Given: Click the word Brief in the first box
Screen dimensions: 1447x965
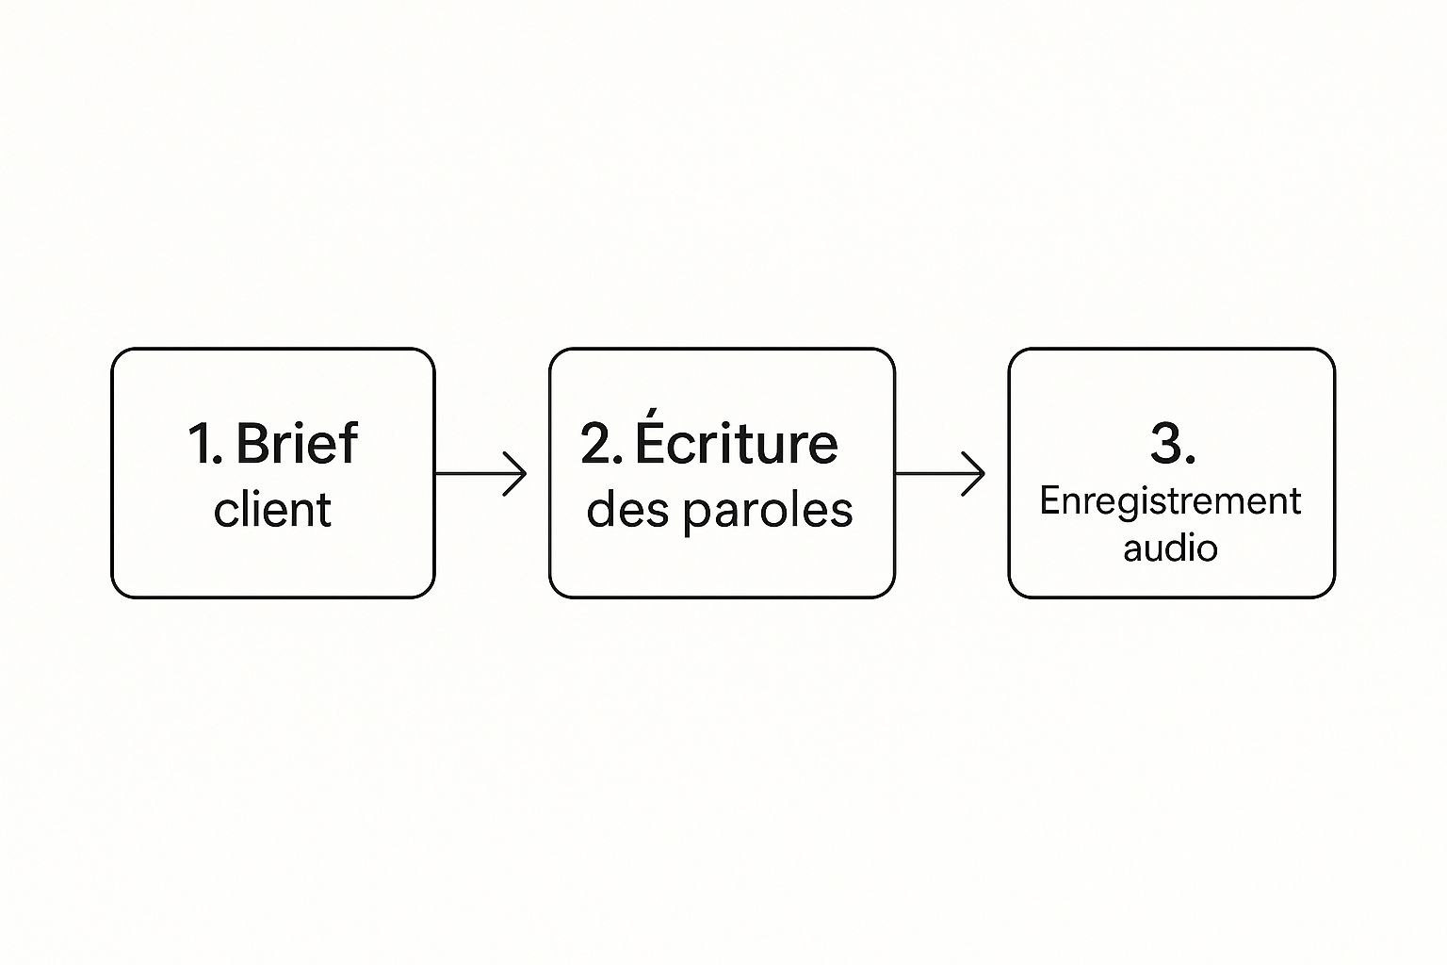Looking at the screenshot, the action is (297, 443).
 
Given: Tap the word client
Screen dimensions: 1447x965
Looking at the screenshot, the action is (272, 509).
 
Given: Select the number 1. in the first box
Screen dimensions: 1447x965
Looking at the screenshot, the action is (205, 444).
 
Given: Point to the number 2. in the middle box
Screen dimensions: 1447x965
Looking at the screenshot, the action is (601, 444).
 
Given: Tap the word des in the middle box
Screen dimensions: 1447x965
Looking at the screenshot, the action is (627, 509).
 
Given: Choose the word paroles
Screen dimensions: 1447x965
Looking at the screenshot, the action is (768, 514).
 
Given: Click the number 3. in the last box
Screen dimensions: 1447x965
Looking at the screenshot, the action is (1173, 444).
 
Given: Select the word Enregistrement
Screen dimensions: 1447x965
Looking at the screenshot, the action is (1170, 503).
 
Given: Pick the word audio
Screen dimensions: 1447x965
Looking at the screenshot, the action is (1171, 548).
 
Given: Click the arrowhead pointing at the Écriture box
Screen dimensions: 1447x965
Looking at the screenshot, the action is (515, 474).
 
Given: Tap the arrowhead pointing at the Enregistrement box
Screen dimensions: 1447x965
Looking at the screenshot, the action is (973, 474).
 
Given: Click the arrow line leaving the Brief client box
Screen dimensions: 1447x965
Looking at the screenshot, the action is (480, 474).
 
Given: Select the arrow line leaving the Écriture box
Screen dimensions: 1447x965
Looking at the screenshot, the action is (940, 474).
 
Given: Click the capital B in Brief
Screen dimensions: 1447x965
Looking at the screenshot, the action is (252, 444).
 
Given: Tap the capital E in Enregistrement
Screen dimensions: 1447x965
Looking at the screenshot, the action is (1051, 500).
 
